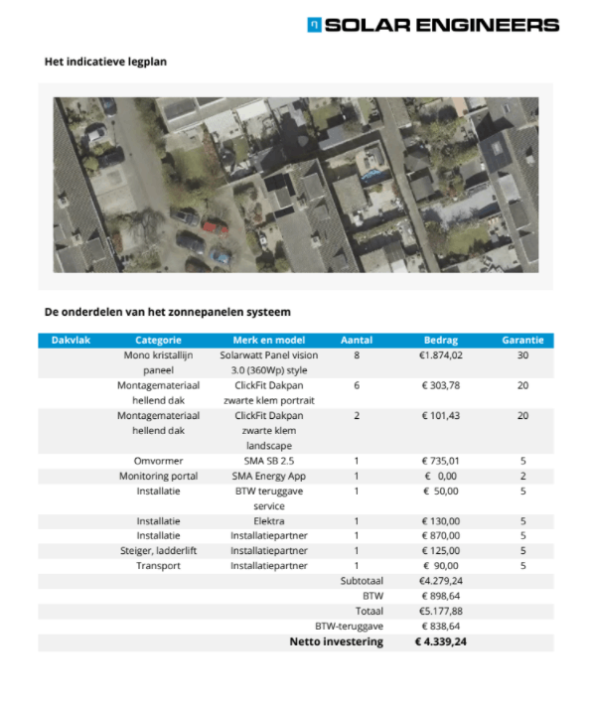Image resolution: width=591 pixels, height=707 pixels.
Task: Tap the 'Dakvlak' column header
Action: pos(71,340)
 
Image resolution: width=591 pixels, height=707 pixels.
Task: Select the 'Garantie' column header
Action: pos(521,340)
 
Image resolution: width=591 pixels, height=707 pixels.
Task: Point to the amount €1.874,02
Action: pos(441,354)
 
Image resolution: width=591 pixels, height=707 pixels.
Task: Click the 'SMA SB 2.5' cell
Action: pos(268,461)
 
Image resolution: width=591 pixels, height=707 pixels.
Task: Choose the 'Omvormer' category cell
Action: pos(158,461)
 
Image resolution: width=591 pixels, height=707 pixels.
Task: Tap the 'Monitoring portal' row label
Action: pos(158,476)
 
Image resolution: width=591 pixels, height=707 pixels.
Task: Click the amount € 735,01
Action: pos(441,461)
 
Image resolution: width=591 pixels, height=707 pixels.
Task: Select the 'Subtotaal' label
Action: pos(362,581)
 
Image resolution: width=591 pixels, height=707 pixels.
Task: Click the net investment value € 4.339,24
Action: pos(441,642)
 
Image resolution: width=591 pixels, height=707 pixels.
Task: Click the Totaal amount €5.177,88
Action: pos(441,612)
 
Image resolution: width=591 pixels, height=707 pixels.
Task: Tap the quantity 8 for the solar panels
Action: pos(357,354)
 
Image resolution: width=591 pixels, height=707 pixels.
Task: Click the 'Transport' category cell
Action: pos(158,566)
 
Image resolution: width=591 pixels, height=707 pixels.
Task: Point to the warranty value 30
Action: pos(521,354)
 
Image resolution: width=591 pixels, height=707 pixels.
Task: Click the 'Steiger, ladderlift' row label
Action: pos(158,551)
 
